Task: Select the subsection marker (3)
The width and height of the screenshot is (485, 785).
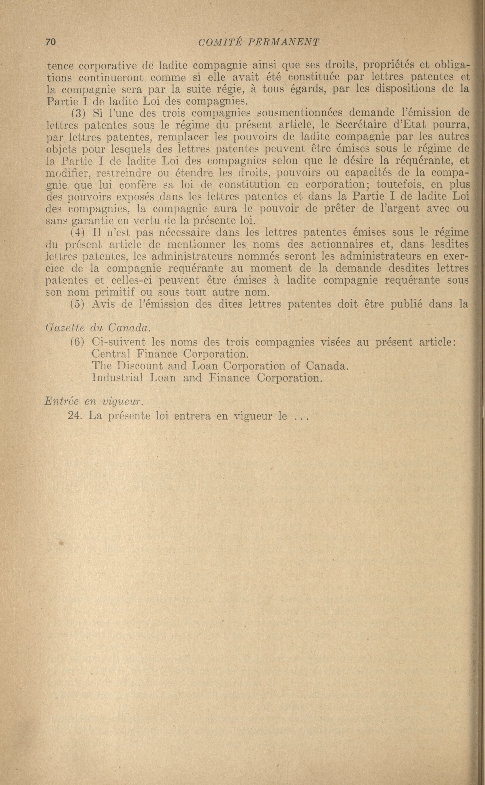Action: pyautogui.click(x=77, y=113)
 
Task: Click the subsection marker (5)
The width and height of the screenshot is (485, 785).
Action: pyautogui.click(x=77, y=304)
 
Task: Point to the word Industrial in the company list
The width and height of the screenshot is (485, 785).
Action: pyautogui.click(x=117, y=378)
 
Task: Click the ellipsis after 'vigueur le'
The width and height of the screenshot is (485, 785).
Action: pyautogui.click(x=300, y=417)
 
